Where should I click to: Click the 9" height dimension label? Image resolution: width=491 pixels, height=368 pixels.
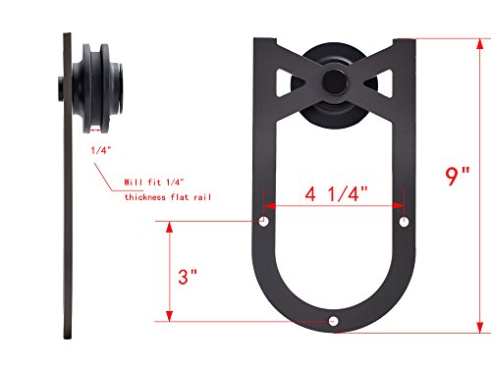(x=458, y=176)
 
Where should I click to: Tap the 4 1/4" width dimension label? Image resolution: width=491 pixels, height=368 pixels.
(x=337, y=194)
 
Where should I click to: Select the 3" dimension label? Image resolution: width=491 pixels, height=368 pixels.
(x=188, y=277)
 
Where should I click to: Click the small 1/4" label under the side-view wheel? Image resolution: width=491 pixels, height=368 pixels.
(x=101, y=150)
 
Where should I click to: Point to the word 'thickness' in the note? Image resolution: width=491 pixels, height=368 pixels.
(x=145, y=197)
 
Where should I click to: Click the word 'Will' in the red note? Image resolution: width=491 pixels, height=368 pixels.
(x=134, y=183)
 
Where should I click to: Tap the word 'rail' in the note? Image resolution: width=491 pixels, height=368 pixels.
(x=202, y=197)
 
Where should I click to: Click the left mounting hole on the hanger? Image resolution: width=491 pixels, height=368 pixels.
(x=264, y=222)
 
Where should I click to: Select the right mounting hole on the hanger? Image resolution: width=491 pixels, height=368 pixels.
(x=405, y=222)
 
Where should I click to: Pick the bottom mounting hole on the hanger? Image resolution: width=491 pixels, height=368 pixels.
(x=333, y=321)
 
